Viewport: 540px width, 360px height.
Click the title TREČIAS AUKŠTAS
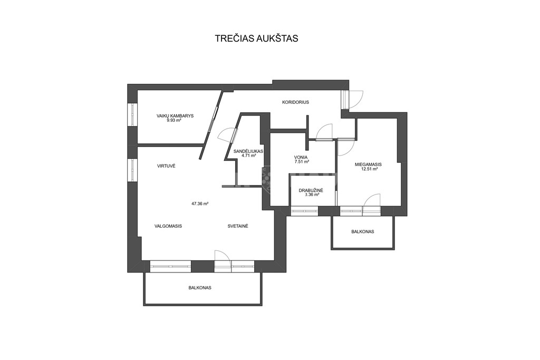[257, 38]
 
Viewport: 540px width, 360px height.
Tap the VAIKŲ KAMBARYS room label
[175, 116]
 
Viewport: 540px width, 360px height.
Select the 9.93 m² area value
[174, 121]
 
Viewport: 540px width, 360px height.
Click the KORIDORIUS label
[295, 102]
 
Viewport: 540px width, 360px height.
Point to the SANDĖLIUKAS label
[248, 151]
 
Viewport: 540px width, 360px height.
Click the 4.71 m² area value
[249, 155]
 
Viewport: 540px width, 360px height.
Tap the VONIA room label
[301, 157]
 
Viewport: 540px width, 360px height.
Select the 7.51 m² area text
[302, 161]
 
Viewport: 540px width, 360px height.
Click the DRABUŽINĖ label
[311, 190]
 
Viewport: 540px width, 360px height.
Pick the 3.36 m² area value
[312, 194]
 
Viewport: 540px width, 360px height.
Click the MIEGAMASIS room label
[368, 164]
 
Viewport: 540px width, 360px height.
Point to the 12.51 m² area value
[369, 169]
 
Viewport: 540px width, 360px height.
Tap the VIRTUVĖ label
[166, 166]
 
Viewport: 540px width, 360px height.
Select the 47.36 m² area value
[200, 203]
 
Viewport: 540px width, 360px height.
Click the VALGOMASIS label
[168, 226]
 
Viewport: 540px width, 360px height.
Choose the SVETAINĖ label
[238, 226]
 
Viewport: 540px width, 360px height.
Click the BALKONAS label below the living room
[200, 288]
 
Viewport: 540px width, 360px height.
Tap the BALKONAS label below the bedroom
[363, 231]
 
